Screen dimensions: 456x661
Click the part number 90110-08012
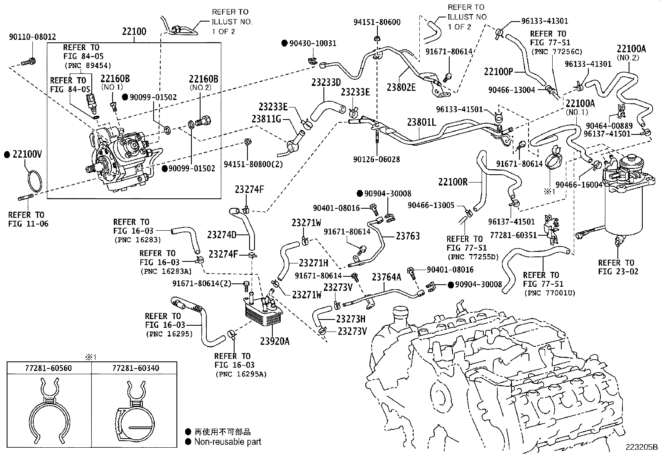point(32,37)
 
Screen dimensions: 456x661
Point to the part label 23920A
point(274,341)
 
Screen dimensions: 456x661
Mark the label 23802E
point(401,87)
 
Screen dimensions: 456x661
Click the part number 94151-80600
point(377,22)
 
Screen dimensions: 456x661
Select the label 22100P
point(498,71)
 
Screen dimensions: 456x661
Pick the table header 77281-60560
point(48,368)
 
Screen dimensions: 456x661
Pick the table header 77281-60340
point(135,368)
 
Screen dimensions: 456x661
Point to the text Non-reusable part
point(228,442)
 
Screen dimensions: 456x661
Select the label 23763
point(408,236)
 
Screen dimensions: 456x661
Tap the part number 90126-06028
point(376,159)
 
